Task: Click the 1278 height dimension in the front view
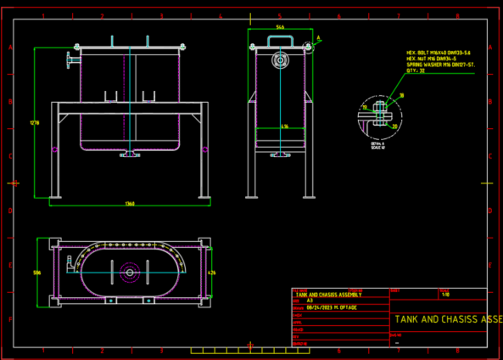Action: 35,123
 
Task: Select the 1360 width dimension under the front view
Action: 130,204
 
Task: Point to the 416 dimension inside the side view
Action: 285,127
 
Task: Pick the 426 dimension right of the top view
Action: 212,273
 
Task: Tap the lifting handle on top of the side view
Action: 279,40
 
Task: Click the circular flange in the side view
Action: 279,60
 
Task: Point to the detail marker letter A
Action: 318,38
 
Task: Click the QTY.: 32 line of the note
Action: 416,70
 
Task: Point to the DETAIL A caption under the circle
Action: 377,143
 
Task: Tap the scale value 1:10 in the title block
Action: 446,294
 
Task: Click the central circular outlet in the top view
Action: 130,273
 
